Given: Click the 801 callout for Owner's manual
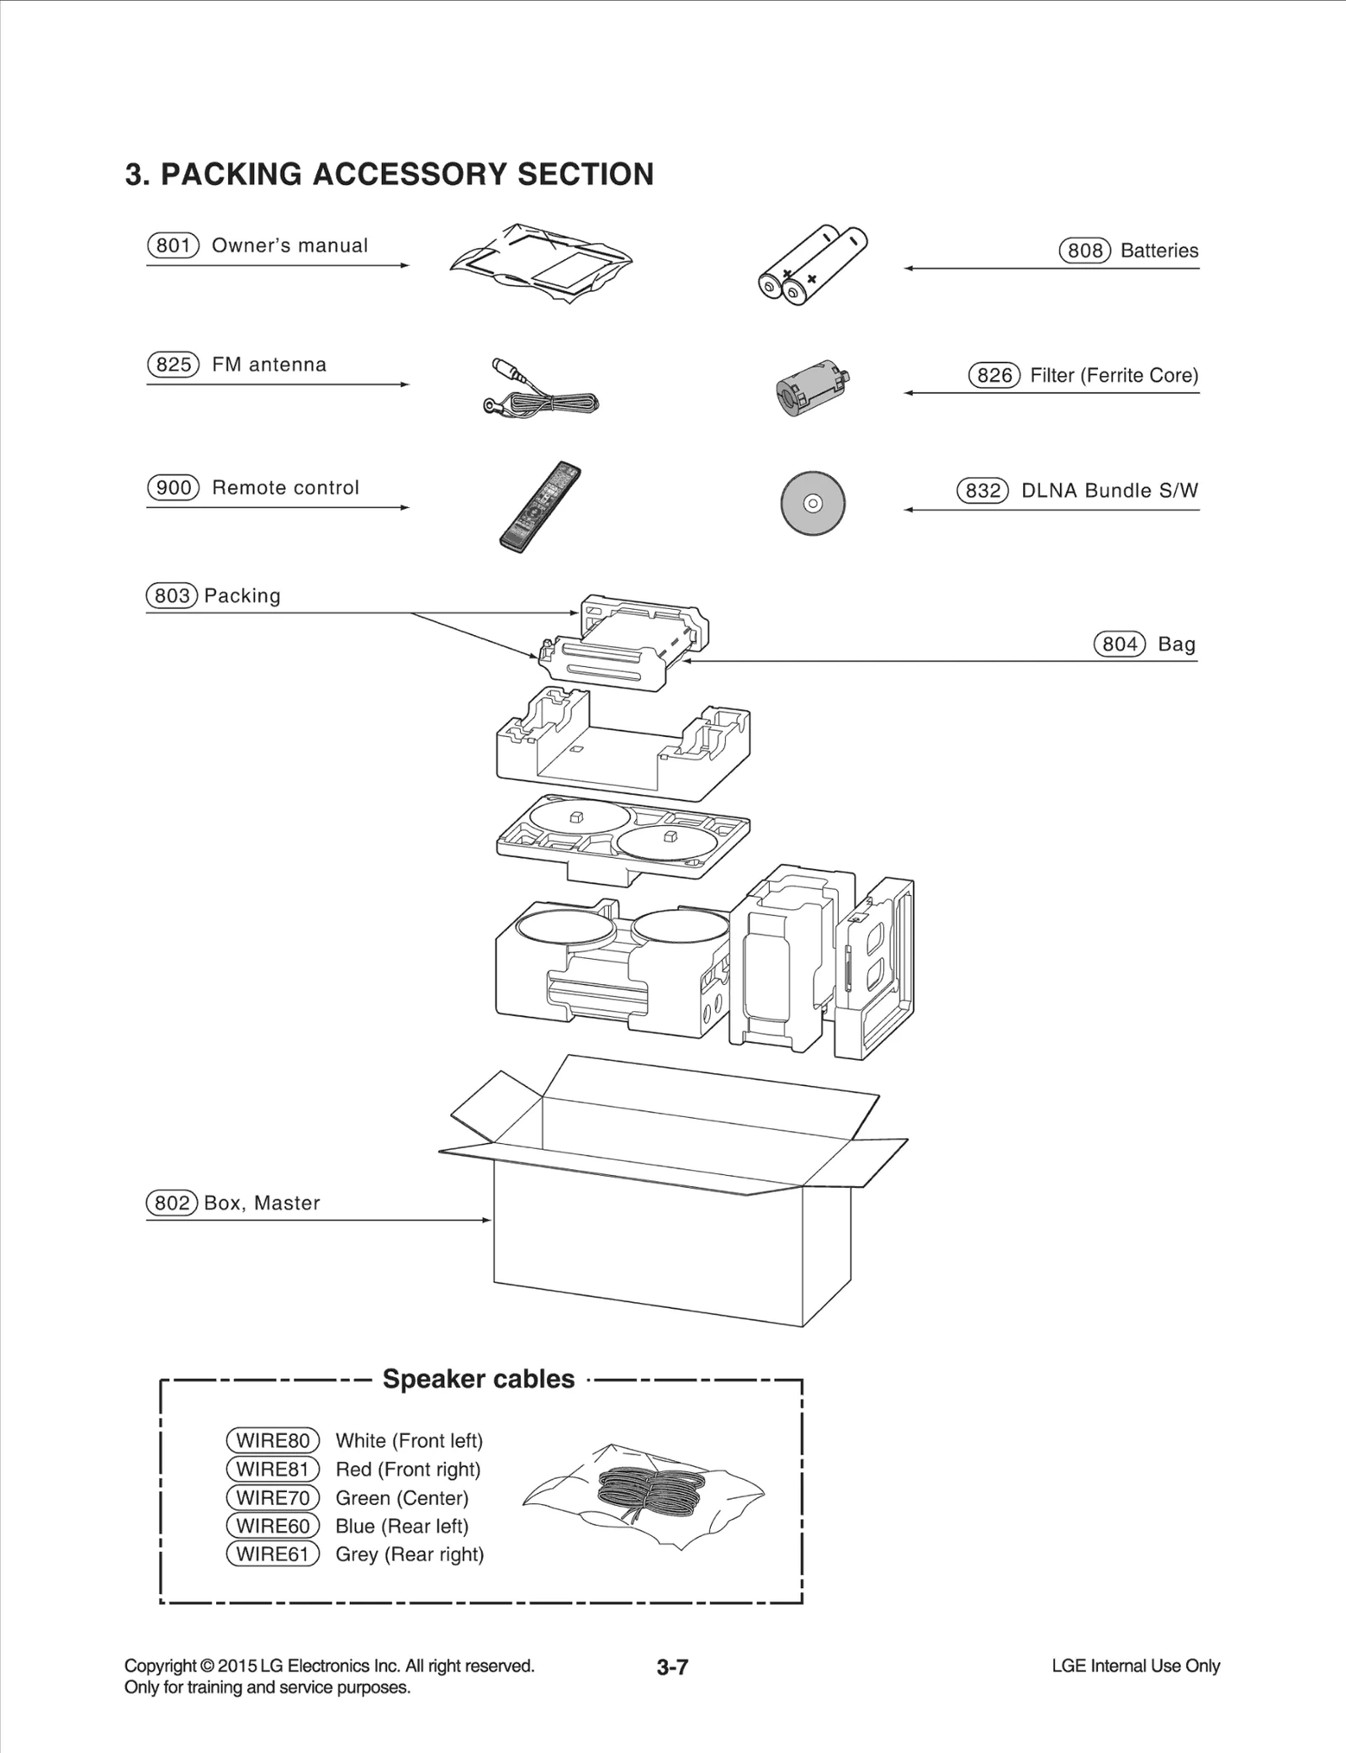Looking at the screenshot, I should pyautogui.click(x=172, y=246).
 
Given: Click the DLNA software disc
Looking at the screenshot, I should pyautogui.click(x=813, y=503).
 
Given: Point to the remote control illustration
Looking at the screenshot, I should pyautogui.click(x=540, y=506).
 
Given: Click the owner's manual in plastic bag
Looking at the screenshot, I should pyautogui.click(x=541, y=262).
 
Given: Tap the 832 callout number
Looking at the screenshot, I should pyautogui.click(x=983, y=490).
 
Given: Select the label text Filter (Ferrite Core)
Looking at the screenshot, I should pyautogui.click(x=1114, y=375).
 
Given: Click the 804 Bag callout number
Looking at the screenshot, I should pyautogui.click(x=1120, y=644).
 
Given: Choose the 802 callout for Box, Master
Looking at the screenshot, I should pyautogui.click(x=172, y=1203).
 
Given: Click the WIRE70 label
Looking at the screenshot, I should pyautogui.click(x=273, y=1498).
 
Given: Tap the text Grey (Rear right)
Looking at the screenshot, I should pyautogui.click(x=410, y=1554).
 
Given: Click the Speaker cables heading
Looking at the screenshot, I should pyautogui.click(x=479, y=1380).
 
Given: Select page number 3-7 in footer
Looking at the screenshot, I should pyautogui.click(x=672, y=1666).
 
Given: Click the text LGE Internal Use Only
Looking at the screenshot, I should pyautogui.click(x=1135, y=1666).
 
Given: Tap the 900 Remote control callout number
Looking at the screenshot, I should pyautogui.click(x=173, y=488).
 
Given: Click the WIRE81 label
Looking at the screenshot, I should pyautogui.click(x=273, y=1470).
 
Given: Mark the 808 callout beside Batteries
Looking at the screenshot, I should pyautogui.click(x=1084, y=251).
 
